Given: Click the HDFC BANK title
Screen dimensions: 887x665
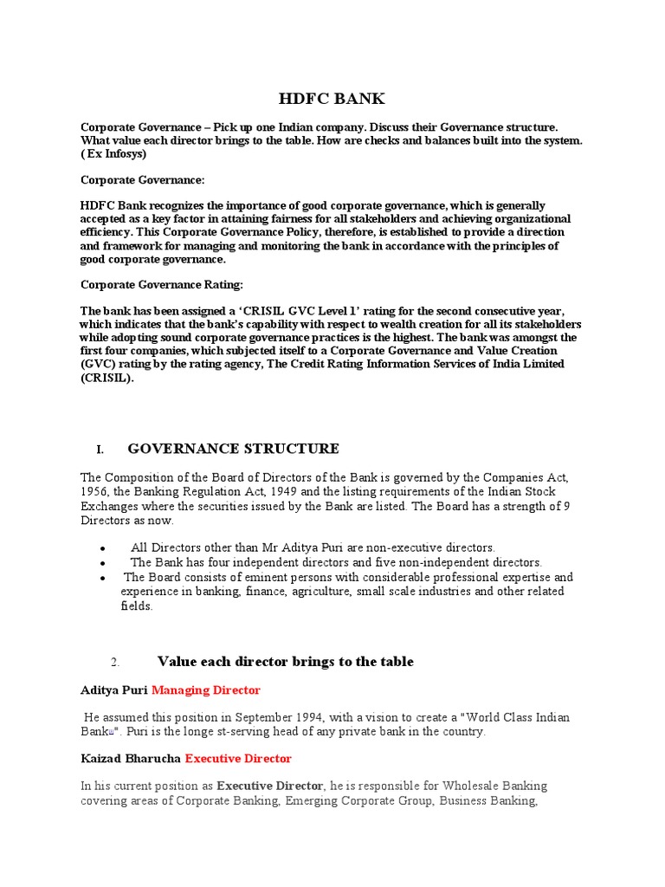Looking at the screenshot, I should click(332, 99).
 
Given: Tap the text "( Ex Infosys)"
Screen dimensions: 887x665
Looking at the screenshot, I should click(113, 154).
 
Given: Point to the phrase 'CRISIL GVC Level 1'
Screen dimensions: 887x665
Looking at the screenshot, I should click(301, 310).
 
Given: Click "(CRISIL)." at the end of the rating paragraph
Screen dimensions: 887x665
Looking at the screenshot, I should click(107, 378).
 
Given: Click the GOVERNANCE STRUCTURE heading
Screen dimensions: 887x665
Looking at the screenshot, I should click(233, 449).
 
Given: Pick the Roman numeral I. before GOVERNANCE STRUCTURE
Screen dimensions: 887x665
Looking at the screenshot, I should click(100, 450).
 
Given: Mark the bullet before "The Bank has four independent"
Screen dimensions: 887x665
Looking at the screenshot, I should click(103, 563).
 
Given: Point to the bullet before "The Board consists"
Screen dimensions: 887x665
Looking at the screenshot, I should click(103, 578).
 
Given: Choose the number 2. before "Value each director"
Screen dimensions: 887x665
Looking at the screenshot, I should click(115, 663).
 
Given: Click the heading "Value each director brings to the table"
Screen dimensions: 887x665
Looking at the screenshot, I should click(286, 662).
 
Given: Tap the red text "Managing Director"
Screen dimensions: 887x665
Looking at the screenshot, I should click(206, 690).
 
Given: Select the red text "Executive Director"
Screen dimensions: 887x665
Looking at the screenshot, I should click(238, 759).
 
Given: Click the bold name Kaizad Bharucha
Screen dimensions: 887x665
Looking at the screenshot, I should click(131, 759).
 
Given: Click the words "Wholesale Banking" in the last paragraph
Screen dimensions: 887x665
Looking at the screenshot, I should click(494, 787).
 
